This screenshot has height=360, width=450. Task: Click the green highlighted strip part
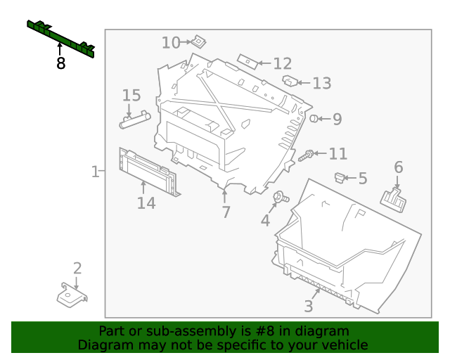(x=61, y=39)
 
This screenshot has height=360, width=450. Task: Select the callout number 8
(x=61, y=63)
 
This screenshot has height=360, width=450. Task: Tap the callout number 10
(x=171, y=43)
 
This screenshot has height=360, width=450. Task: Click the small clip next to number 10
(x=198, y=41)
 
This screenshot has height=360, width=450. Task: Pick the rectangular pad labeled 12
(x=247, y=61)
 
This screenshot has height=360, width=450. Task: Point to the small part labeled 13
(x=290, y=81)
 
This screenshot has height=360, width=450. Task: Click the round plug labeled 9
(x=314, y=118)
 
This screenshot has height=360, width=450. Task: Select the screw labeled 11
(x=307, y=155)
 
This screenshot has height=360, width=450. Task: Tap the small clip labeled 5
(x=340, y=178)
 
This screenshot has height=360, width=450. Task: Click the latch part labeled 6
(x=394, y=200)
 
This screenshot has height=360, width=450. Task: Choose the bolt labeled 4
(x=281, y=197)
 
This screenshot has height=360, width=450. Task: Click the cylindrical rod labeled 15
(x=135, y=120)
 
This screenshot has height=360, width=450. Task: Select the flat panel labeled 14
(x=148, y=172)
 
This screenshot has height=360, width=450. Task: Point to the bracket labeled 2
(x=72, y=295)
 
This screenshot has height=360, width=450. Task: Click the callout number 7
(x=226, y=212)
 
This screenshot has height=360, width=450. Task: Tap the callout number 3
(x=309, y=307)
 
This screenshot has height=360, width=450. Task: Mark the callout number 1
(x=95, y=172)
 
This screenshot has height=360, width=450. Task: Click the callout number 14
(x=146, y=203)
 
